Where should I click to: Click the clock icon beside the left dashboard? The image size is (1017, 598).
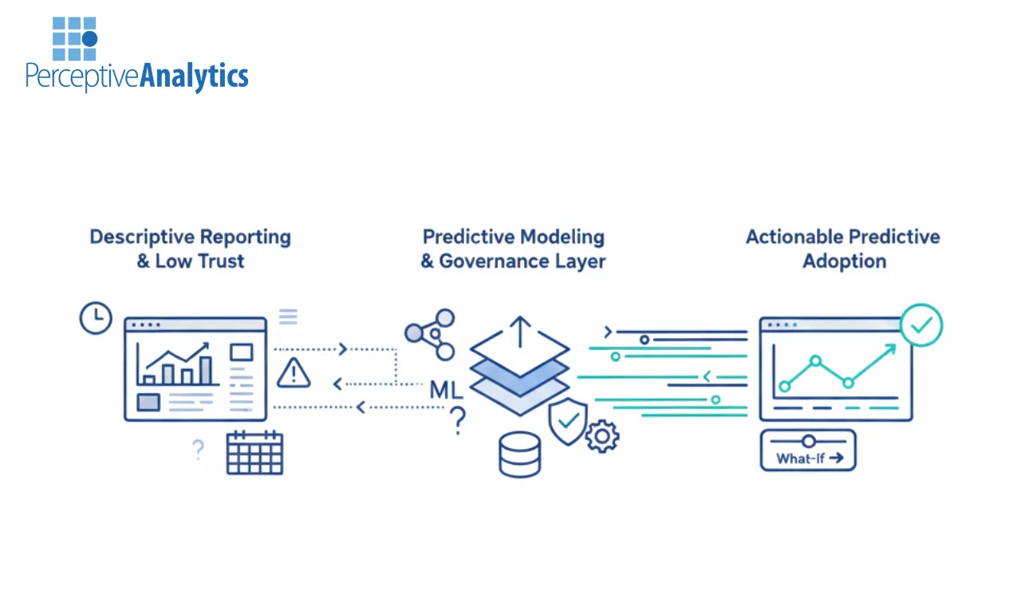click(96, 318)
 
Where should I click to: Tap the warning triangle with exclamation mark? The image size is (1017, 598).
click(294, 372)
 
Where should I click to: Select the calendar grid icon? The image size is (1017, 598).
click(254, 453)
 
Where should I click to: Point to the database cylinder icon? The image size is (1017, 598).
click(518, 454)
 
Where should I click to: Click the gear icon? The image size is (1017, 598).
click(602, 436)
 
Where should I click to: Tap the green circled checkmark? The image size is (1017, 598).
click(921, 325)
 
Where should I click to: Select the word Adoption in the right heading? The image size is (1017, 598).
click(844, 262)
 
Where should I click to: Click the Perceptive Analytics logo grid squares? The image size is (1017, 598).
click(74, 38)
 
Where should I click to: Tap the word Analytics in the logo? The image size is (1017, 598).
click(194, 77)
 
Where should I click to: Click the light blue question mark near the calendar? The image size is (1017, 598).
click(198, 450)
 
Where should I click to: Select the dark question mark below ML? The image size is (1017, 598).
click(458, 420)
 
